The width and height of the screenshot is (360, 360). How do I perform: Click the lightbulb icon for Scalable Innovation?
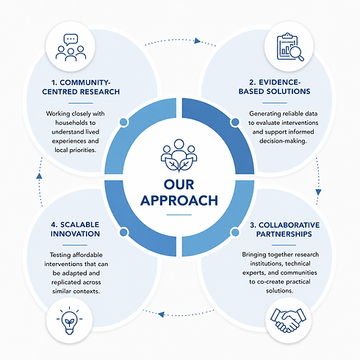pyautogui.click(x=69, y=320)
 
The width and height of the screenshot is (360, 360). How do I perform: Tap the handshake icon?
pyautogui.click(x=288, y=320)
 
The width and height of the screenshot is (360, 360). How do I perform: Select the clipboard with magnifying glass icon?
pyautogui.click(x=290, y=47)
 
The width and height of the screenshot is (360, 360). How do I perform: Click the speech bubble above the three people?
pyautogui.click(x=71, y=40)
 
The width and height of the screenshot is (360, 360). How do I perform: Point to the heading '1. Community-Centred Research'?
pyautogui.click(x=81, y=87)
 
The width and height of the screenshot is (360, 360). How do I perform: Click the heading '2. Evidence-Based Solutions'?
pyautogui.click(x=275, y=87)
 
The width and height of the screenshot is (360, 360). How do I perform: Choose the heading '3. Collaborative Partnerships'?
pyautogui.click(x=284, y=229)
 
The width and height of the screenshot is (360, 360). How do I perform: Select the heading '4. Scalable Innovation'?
pyautogui.click(x=75, y=229)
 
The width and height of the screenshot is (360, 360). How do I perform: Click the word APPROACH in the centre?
pyautogui.click(x=179, y=201)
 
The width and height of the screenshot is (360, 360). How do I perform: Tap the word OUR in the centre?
pyautogui.click(x=179, y=184)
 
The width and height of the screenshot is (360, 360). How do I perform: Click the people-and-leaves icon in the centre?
pyautogui.click(x=179, y=156)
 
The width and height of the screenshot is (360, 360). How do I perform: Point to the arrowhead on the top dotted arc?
pyautogui.click(x=198, y=40)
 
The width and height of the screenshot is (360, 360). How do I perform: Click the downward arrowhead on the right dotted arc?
pyautogui.click(x=318, y=192)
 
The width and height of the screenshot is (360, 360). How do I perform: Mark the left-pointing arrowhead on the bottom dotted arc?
pyautogui.click(x=161, y=314)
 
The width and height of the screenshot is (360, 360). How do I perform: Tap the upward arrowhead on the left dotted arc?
pyautogui.click(x=39, y=176)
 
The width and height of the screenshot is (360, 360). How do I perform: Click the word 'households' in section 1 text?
pyautogui.click(x=76, y=123)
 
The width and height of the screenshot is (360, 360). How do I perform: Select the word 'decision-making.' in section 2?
pyautogui.click(x=283, y=141)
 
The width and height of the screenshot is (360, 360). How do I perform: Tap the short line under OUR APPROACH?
pyautogui.click(x=179, y=215)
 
